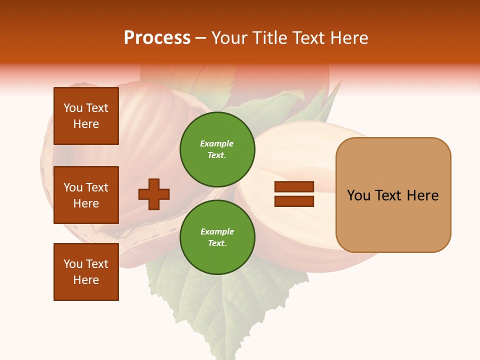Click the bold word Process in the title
point(157,38)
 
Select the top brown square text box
point(86,116)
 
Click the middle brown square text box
point(86,195)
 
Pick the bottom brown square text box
point(86,272)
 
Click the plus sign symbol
point(154,194)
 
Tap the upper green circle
point(217,149)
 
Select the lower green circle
point(217,237)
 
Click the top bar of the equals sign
point(294,187)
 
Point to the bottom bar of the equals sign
point(294,201)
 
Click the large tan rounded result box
point(393,195)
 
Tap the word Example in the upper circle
point(217,143)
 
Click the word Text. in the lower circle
point(217,243)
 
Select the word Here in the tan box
point(422,195)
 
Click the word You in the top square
point(73,108)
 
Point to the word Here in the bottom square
point(86,280)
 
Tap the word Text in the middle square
point(97,187)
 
